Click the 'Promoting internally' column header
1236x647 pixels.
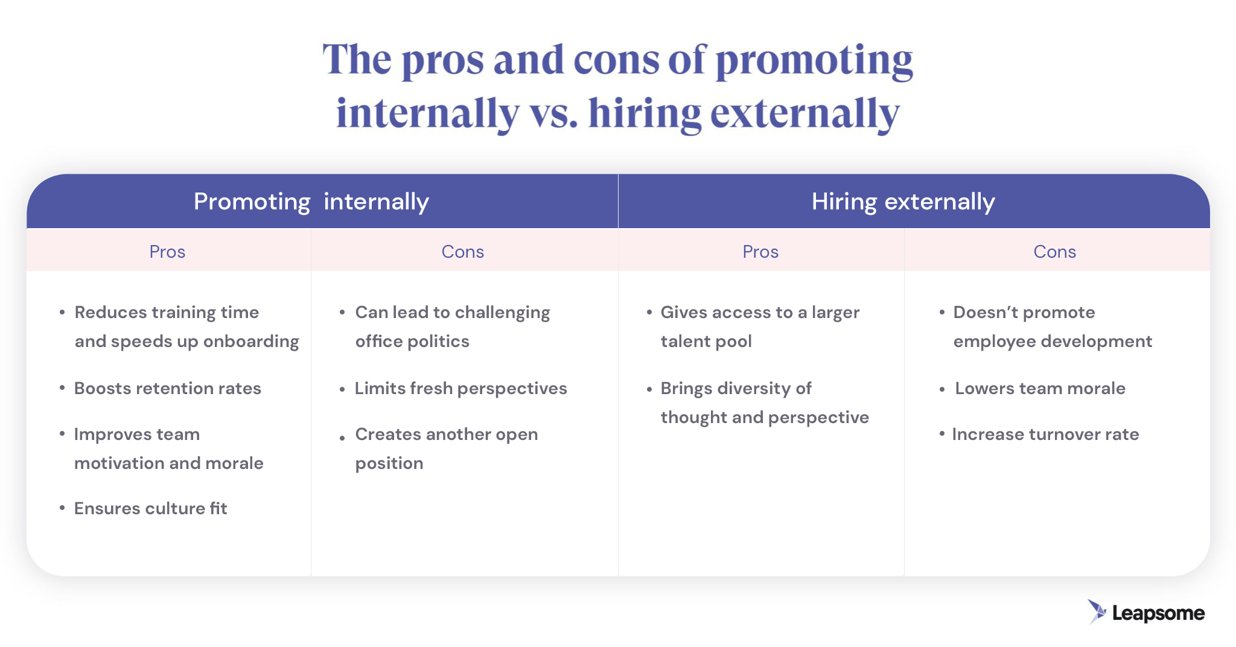[311, 202]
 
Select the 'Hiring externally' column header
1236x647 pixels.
[903, 202]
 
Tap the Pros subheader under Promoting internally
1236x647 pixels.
[167, 252]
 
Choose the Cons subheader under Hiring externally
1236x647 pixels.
[1054, 252]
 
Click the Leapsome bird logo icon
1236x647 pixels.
[1097, 611]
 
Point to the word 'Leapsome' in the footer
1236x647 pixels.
[1158, 613]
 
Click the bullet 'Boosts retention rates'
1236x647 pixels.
[168, 388]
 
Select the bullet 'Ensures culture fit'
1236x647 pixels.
[151, 508]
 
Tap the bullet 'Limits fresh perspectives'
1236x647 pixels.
[460, 388]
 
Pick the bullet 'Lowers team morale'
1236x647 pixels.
[1040, 388]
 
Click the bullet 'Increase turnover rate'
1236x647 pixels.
[1045, 434]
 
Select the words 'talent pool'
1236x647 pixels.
[706, 342]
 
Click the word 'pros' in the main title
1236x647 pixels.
[443, 60]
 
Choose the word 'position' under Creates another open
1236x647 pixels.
[389, 464]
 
